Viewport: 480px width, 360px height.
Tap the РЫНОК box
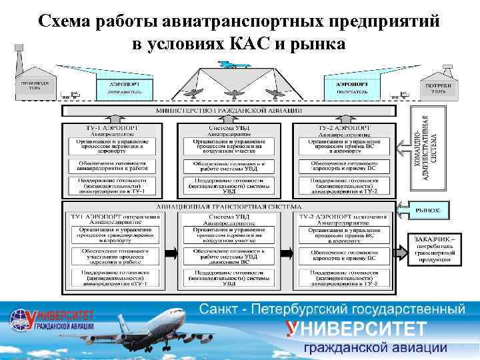pyautogui.click(x=428, y=210)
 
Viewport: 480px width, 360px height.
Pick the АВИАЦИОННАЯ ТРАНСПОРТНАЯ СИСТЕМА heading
pyautogui.click(x=229, y=208)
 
